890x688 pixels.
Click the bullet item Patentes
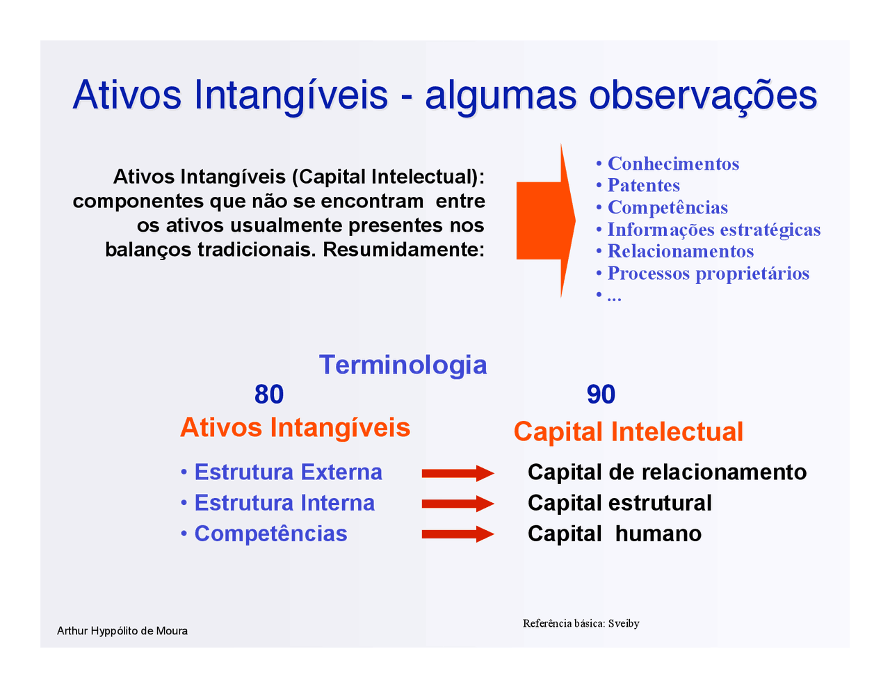[x=643, y=186]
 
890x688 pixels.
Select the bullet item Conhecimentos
[x=672, y=163]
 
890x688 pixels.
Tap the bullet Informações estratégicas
[x=713, y=230]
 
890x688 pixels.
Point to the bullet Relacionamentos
[x=680, y=251]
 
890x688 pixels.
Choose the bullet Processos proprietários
[x=708, y=273]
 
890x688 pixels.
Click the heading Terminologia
[x=403, y=365]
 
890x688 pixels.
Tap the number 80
[x=269, y=394]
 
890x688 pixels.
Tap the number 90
[x=601, y=394]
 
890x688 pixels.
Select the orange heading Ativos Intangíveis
[x=295, y=427]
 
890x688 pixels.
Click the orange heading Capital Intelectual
[x=628, y=431]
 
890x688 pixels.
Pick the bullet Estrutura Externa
[x=287, y=472]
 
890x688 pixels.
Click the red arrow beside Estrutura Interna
[x=458, y=504]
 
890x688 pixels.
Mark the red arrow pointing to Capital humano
[x=458, y=534]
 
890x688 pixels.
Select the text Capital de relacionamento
[x=667, y=472]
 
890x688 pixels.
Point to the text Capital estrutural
[x=620, y=503]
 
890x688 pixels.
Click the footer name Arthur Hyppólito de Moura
[x=122, y=631]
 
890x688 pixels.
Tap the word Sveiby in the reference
[x=624, y=623]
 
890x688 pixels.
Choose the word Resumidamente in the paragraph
[x=403, y=249]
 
